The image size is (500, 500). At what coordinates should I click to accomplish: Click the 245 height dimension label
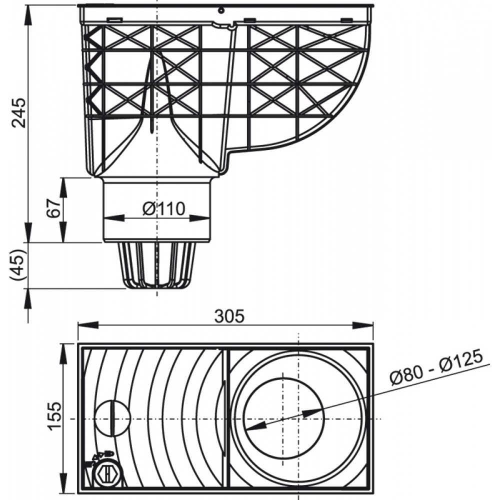pyautogui.click(x=18, y=112)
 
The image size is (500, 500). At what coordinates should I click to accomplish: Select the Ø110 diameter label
pyautogui.click(x=163, y=209)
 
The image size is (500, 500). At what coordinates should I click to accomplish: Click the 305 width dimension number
pyautogui.click(x=229, y=316)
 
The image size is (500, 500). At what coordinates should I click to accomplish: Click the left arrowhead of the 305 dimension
pyautogui.click(x=87, y=325)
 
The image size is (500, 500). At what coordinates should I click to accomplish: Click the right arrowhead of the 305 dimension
pyautogui.click(x=363, y=325)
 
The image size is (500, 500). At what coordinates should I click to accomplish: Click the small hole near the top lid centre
pyautogui.click(x=220, y=10)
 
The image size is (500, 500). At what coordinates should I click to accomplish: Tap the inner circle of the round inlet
pyautogui.click(x=283, y=418)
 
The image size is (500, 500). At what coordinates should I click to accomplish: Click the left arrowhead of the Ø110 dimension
pyautogui.click(x=114, y=218)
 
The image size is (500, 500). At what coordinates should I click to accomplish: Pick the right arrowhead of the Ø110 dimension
pyautogui.click(x=200, y=218)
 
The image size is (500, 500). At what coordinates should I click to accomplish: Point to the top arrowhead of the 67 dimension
pyautogui.click(x=63, y=187)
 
